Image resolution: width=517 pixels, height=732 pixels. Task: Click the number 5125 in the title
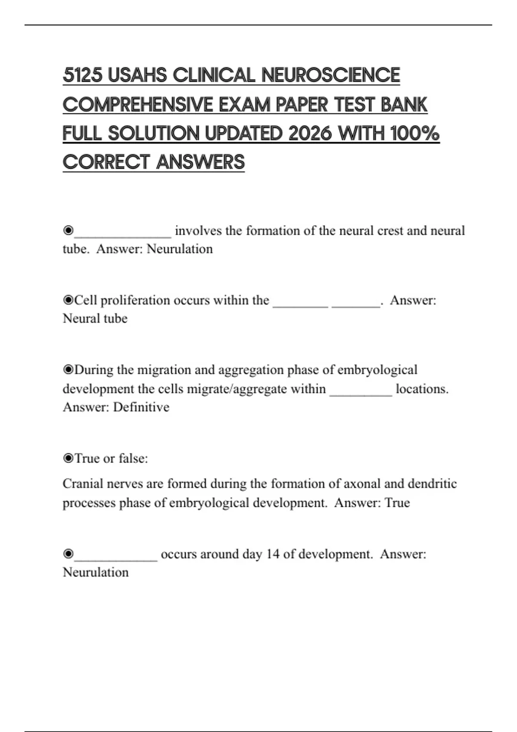pos(83,75)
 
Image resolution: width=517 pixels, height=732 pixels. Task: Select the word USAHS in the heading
pos(137,75)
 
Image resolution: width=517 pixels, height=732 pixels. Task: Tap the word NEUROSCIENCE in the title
pos(330,75)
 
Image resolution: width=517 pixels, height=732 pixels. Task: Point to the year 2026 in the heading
pos(310,133)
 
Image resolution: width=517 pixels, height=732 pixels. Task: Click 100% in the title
pos(415,133)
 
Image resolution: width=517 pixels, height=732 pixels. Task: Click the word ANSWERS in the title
pos(201,162)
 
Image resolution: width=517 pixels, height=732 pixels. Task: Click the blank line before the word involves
pos(123,233)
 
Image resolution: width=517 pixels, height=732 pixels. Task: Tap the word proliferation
pos(135,300)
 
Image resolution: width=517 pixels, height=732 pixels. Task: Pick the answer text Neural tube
pos(95,319)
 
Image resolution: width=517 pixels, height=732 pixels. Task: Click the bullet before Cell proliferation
pos(68,300)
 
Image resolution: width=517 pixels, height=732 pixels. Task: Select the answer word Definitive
pos(141,407)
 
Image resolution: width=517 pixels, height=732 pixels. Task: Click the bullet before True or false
pos(68,459)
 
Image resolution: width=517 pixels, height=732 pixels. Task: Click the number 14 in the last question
pos(273,554)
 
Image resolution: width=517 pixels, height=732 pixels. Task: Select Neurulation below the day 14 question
pos(96,573)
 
